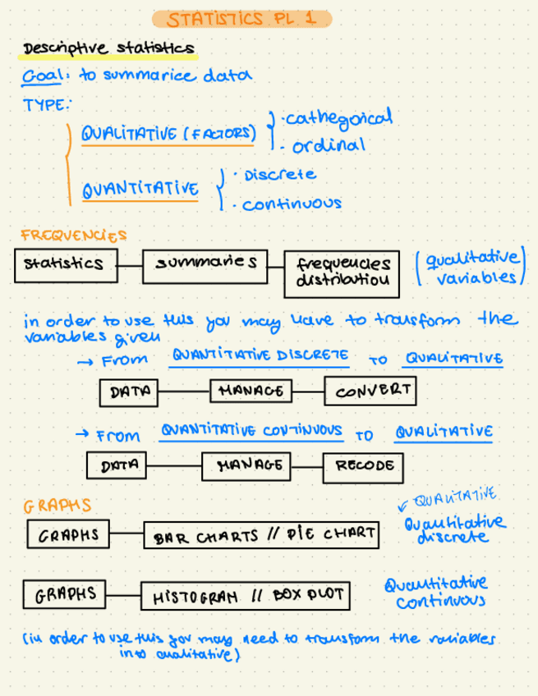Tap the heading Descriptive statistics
pyautogui.click(x=108, y=49)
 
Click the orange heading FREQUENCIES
pyautogui.click(x=74, y=235)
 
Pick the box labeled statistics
pyautogui.click(x=64, y=264)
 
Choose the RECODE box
pyautogui.click(x=363, y=466)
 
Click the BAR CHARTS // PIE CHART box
pyautogui.click(x=262, y=536)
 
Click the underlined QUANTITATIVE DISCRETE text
pyautogui.click(x=260, y=355)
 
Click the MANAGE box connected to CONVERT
pyautogui.click(x=251, y=391)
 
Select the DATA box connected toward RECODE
pyautogui.click(x=117, y=466)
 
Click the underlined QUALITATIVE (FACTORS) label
pyautogui.click(x=168, y=134)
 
